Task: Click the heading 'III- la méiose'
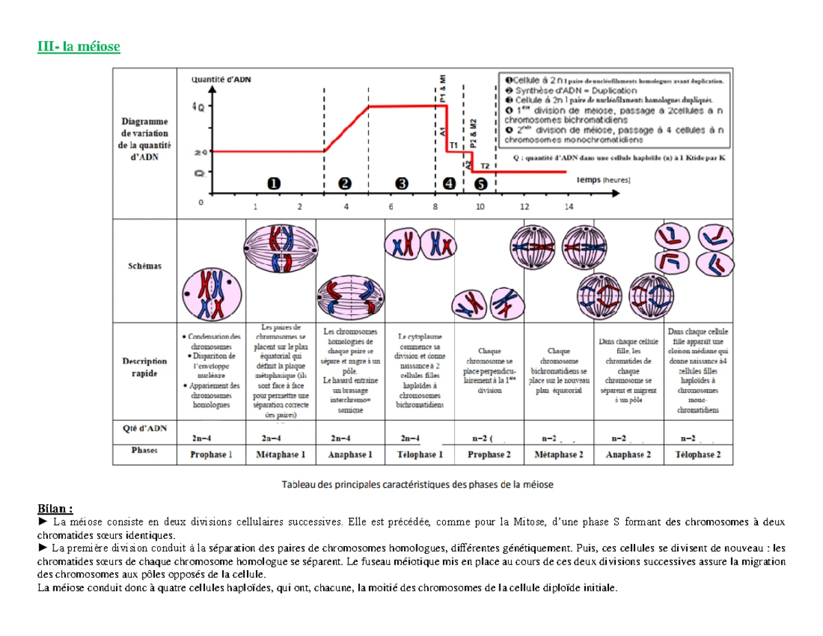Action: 78,47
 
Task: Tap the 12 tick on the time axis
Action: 524,206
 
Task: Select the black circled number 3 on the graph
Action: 401,183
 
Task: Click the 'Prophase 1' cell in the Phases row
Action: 211,454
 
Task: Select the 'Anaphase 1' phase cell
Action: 350,454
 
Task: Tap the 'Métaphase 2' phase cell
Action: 559,454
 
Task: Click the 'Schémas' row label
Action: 144,266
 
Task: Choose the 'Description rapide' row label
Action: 144,366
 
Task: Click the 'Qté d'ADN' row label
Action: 145,428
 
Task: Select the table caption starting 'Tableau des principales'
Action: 418,484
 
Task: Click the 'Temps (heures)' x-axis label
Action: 601,180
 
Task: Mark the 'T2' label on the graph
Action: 484,166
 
